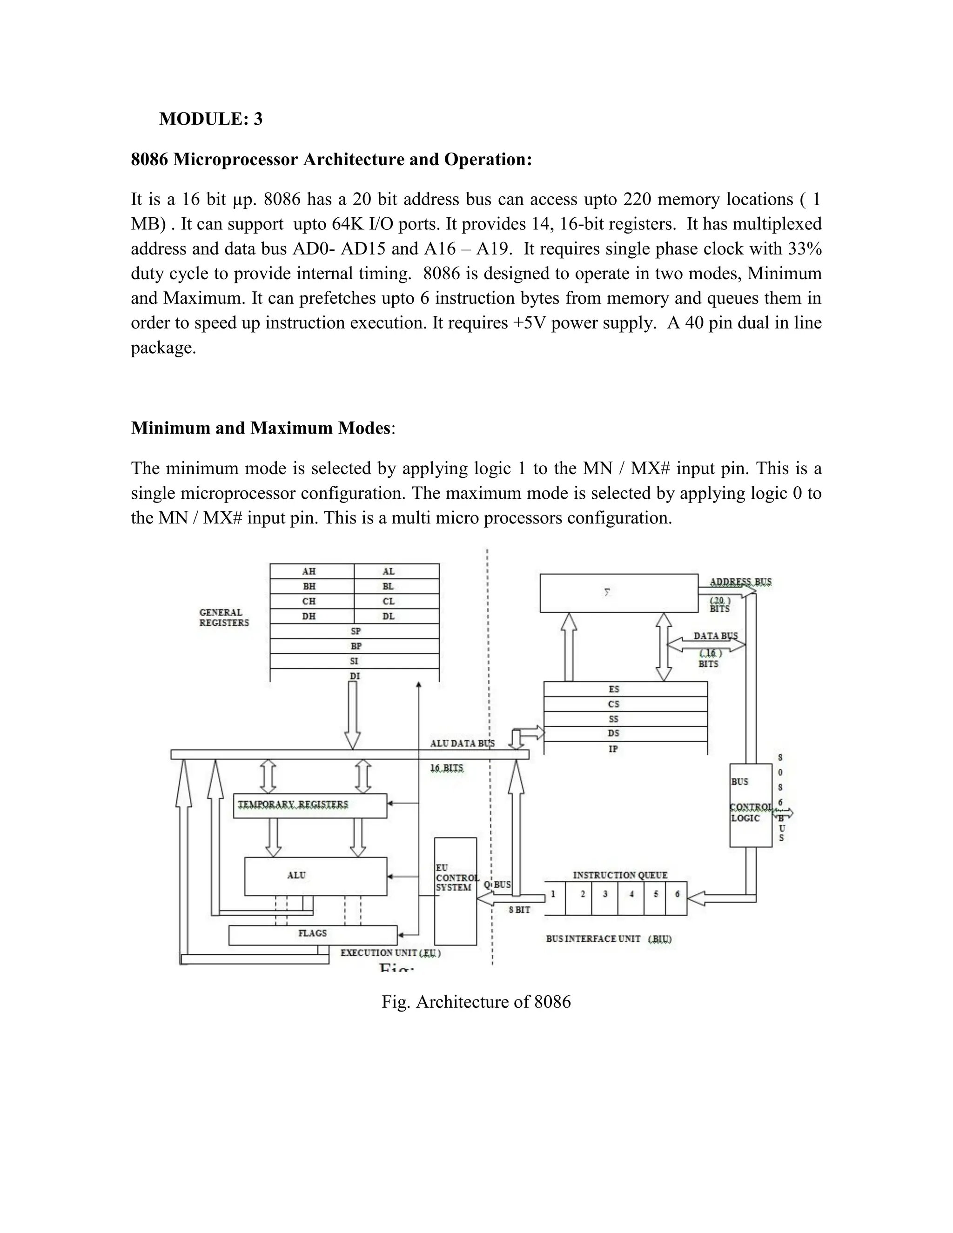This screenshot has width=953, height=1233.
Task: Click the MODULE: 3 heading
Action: [211, 119]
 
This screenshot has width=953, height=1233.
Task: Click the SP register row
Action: [355, 631]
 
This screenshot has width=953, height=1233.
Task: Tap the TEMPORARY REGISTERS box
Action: [309, 805]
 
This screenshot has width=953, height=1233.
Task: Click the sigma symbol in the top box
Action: [607, 593]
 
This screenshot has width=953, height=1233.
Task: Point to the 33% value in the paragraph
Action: [805, 249]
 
